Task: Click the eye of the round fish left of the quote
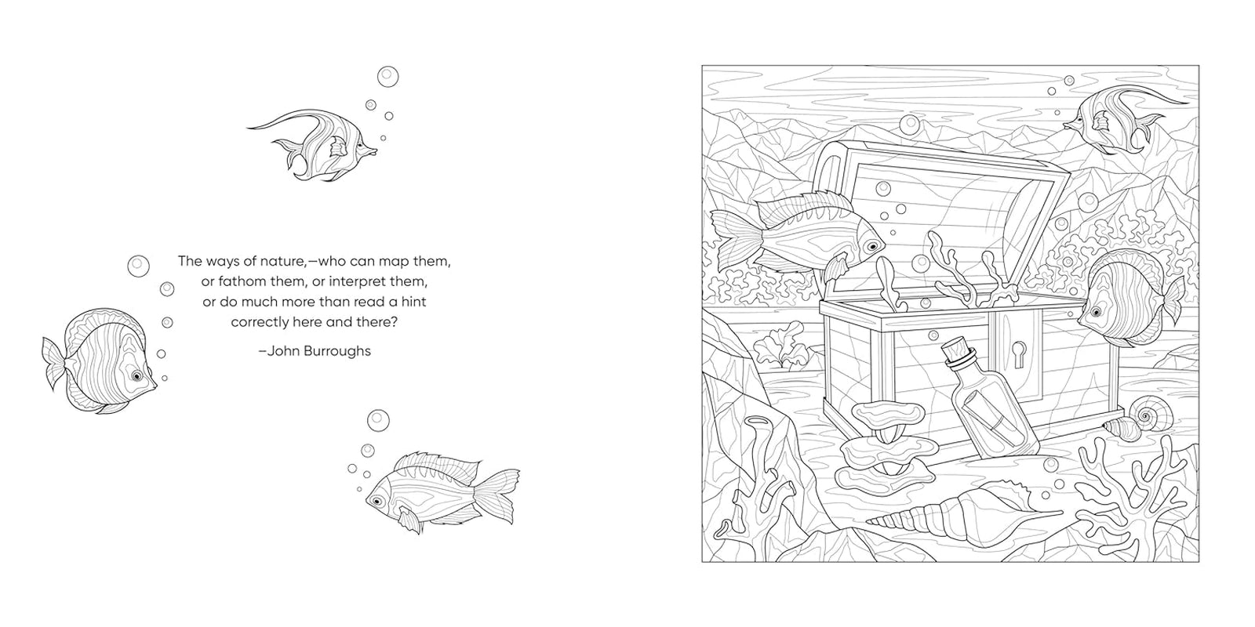click(136, 375)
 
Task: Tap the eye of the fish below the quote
click(378, 500)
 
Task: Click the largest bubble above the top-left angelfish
click(387, 77)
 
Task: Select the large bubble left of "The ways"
click(138, 266)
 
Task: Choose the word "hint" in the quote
click(413, 303)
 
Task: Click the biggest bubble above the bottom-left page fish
click(378, 420)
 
